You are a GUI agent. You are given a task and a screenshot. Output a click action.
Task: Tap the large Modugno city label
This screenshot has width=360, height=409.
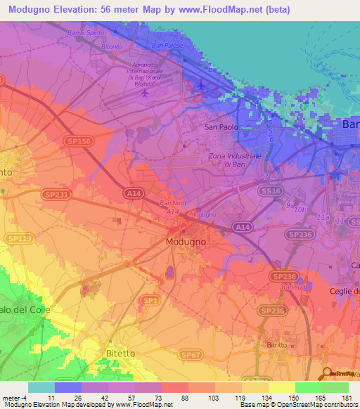[186, 242]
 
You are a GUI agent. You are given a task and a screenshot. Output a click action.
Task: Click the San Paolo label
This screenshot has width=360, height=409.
[221, 127]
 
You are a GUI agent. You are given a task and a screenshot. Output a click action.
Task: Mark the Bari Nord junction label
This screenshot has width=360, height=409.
[172, 203]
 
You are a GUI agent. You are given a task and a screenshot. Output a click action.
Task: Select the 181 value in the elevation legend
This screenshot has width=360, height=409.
[346, 397]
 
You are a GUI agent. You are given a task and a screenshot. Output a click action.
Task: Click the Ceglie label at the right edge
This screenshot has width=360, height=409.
[345, 291]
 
